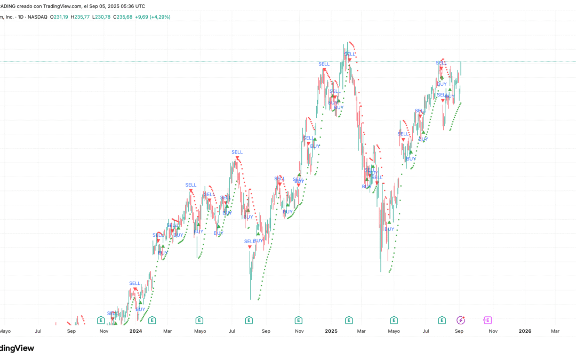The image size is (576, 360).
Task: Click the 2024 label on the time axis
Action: coord(135,331)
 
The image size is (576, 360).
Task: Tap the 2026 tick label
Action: coord(525,331)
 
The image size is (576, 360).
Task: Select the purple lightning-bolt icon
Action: coord(461,320)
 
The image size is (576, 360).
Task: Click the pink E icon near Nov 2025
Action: coord(487,320)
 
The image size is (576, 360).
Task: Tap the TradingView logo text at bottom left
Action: coord(17,348)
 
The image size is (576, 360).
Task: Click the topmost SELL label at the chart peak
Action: coord(349,53)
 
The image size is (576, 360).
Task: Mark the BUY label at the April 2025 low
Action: coord(389,229)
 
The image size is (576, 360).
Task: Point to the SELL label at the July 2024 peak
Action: coord(237,152)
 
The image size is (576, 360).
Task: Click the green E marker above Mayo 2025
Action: coord(394,320)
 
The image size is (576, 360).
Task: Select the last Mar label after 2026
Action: coord(555,331)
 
